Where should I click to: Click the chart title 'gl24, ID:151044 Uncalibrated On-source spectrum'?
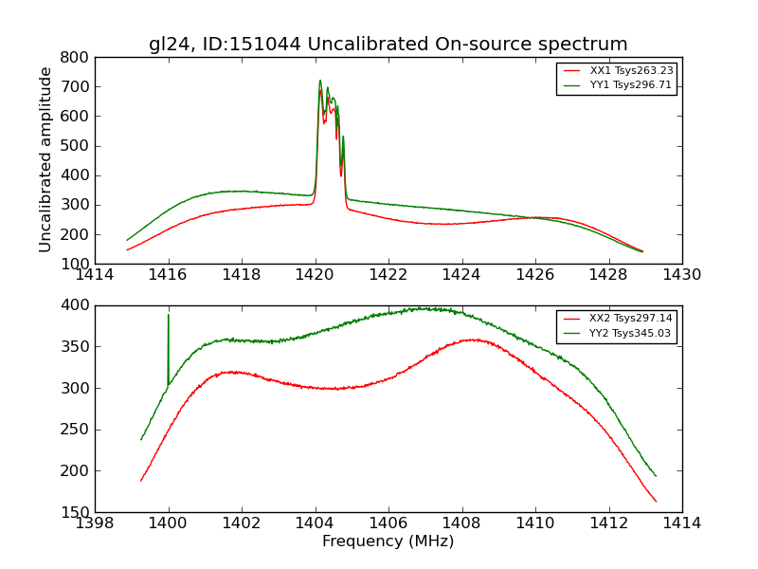pyautogui.click(x=388, y=45)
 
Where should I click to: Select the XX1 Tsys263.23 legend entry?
pyautogui.click(x=631, y=71)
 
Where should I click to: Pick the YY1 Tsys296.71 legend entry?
pyautogui.click(x=631, y=85)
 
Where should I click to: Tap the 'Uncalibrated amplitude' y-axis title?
pyautogui.click(x=45, y=159)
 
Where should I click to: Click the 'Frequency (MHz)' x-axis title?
pyautogui.click(x=388, y=541)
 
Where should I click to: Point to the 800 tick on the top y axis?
pyautogui.click(x=76, y=57)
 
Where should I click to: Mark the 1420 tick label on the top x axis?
pyautogui.click(x=315, y=275)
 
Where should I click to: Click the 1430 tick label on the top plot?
pyautogui.click(x=681, y=275)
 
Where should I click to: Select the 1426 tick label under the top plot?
pyautogui.click(x=534, y=275)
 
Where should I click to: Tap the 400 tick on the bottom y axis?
pyautogui.click(x=76, y=305)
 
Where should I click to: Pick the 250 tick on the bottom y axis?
pyautogui.click(x=76, y=430)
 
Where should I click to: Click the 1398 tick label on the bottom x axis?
pyautogui.click(x=95, y=523)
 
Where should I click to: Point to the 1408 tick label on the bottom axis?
pyautogui.click(x=461, y=523)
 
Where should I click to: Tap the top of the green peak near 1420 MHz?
pyautogui.click(x=320, y=81)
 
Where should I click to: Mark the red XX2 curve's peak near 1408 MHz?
pyautogui.click(x=473, y=340)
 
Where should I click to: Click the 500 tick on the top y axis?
pyautogui.click(x=76, y=146)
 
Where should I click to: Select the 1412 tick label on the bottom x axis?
pyautogui.click(x=608, y=523)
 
